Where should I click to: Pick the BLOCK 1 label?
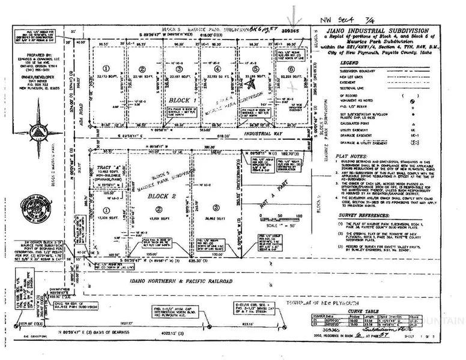[181, 100]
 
